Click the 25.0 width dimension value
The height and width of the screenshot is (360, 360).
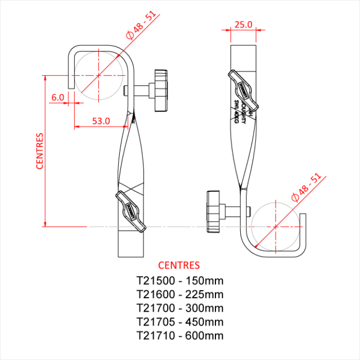[243, 24]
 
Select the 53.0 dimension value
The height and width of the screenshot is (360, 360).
[101, 121]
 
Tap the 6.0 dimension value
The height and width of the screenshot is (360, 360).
[58, 97]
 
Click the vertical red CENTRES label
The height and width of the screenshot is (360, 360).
[40, 151]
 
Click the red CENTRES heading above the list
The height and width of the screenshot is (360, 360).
[179, 265]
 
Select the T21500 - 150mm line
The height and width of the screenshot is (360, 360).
[179, 281]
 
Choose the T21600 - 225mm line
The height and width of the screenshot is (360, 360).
[179, 295]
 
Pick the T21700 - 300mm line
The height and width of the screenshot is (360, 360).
[179, 309]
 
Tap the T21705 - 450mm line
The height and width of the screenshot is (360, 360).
[179, 322]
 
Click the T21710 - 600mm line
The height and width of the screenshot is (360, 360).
[179, 336]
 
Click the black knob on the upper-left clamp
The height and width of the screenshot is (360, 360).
[160, 90]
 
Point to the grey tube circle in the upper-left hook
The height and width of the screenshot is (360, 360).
[99, 75]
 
